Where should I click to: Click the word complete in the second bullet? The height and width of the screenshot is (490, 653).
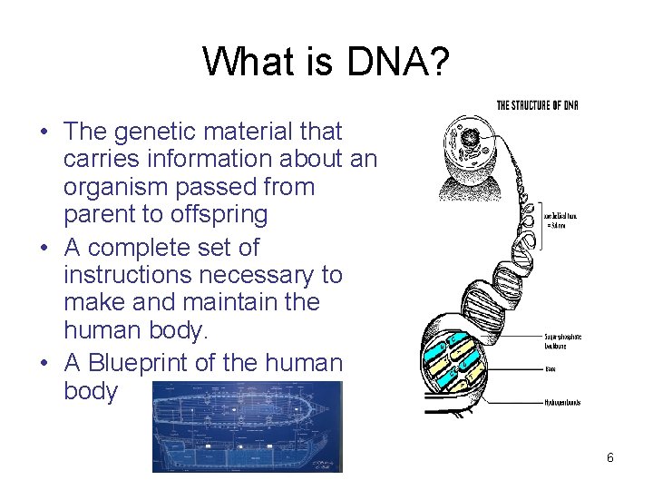pyautogui.click(x=151, y=247)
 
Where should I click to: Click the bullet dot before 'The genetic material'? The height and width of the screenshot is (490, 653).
pyautogui.click(x=44, y=132)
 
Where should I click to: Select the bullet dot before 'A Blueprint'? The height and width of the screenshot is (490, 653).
pyautogui.click(x=44, y=364)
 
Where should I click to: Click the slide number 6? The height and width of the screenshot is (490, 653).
pyautogui.click(x=610, y=458)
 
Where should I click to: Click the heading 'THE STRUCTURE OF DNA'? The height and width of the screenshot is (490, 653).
pyautogui.click(x=537, y=105)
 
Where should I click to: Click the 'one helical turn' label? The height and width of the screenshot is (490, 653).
pyautogui.click(x=563, y=220)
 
